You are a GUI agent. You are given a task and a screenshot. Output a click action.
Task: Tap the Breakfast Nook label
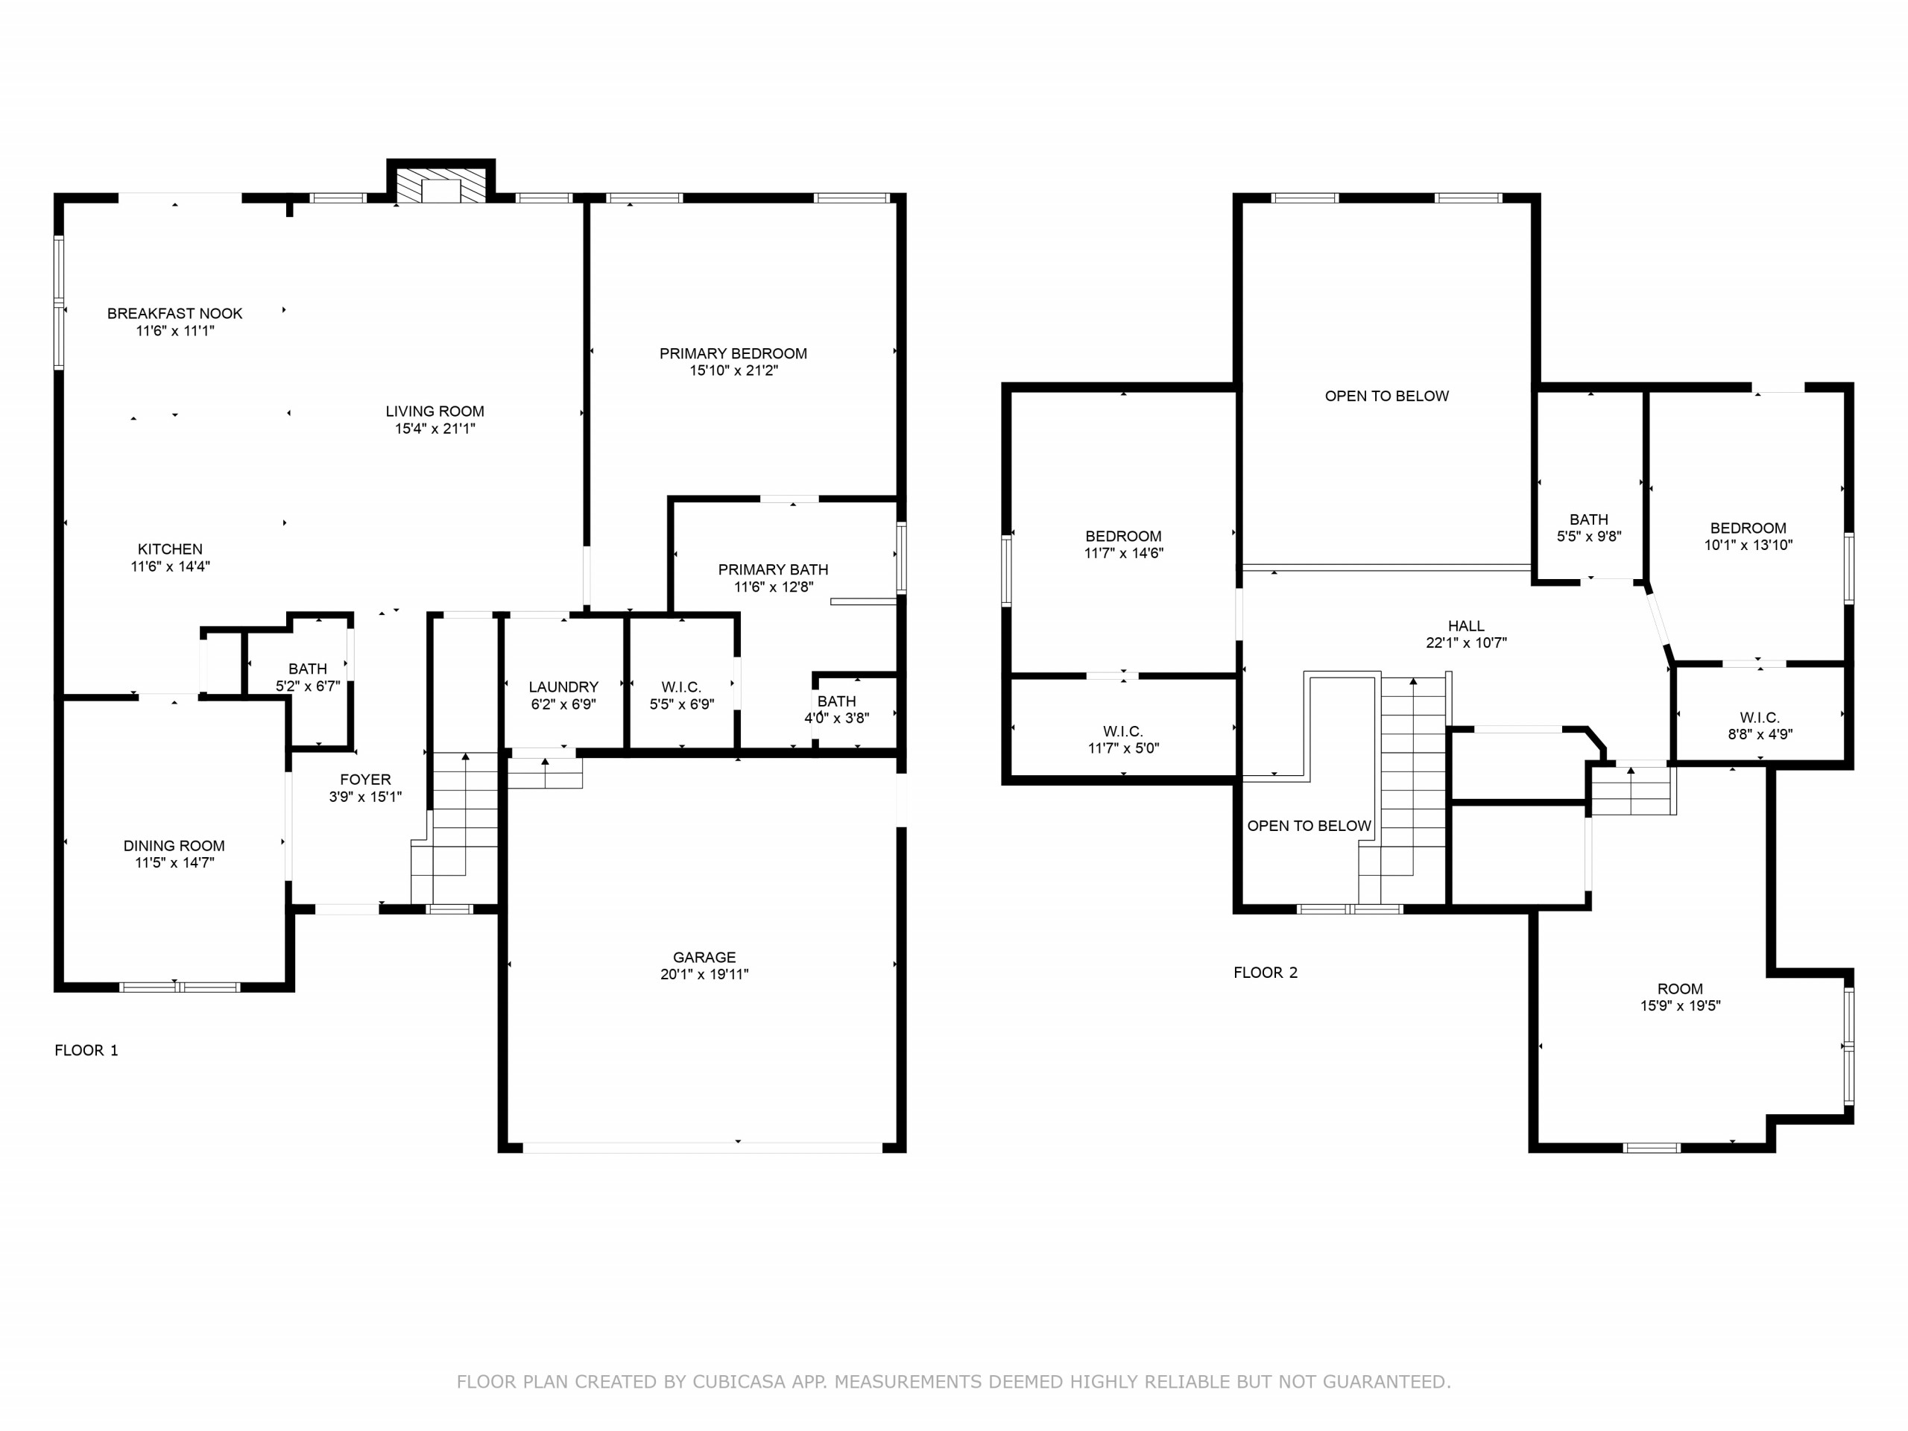tap(175, 313)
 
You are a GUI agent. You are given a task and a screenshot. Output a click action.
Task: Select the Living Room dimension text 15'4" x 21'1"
tap(435, 428)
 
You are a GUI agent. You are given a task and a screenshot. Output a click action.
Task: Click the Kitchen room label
tap(170, 549)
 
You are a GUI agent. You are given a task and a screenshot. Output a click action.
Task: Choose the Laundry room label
tap(563, 686)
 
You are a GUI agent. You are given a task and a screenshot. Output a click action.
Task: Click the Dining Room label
tap(174, 845)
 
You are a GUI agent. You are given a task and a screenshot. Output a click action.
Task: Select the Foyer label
tap(365, 779)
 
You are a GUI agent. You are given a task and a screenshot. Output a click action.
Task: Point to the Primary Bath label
tap(773, 569)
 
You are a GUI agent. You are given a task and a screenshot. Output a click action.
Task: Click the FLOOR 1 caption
tap(86, 1049)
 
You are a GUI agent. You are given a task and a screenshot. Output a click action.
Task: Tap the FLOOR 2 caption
tap(1266, 972)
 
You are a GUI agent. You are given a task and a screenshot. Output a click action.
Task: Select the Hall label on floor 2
tap(1466, 625)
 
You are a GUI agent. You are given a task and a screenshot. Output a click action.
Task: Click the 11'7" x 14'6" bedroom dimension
tap(1124, 553)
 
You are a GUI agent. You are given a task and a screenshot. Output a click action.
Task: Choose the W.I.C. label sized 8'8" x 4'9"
tap(1760, 717)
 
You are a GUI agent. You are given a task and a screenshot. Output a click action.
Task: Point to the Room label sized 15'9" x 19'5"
tap(1680, 988)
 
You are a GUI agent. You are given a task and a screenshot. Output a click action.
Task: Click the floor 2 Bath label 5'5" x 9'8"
tap(1589, 519)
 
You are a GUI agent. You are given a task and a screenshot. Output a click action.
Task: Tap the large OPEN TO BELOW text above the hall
tap(1387, 396)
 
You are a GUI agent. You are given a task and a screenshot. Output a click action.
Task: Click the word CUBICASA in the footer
tap(739, 1382)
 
